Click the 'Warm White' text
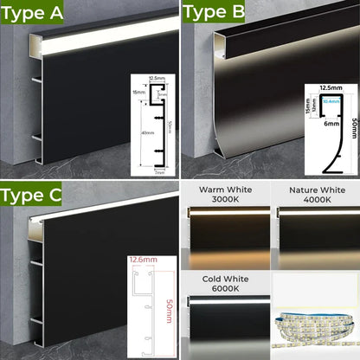(224, 190)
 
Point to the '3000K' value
(224, 201)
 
